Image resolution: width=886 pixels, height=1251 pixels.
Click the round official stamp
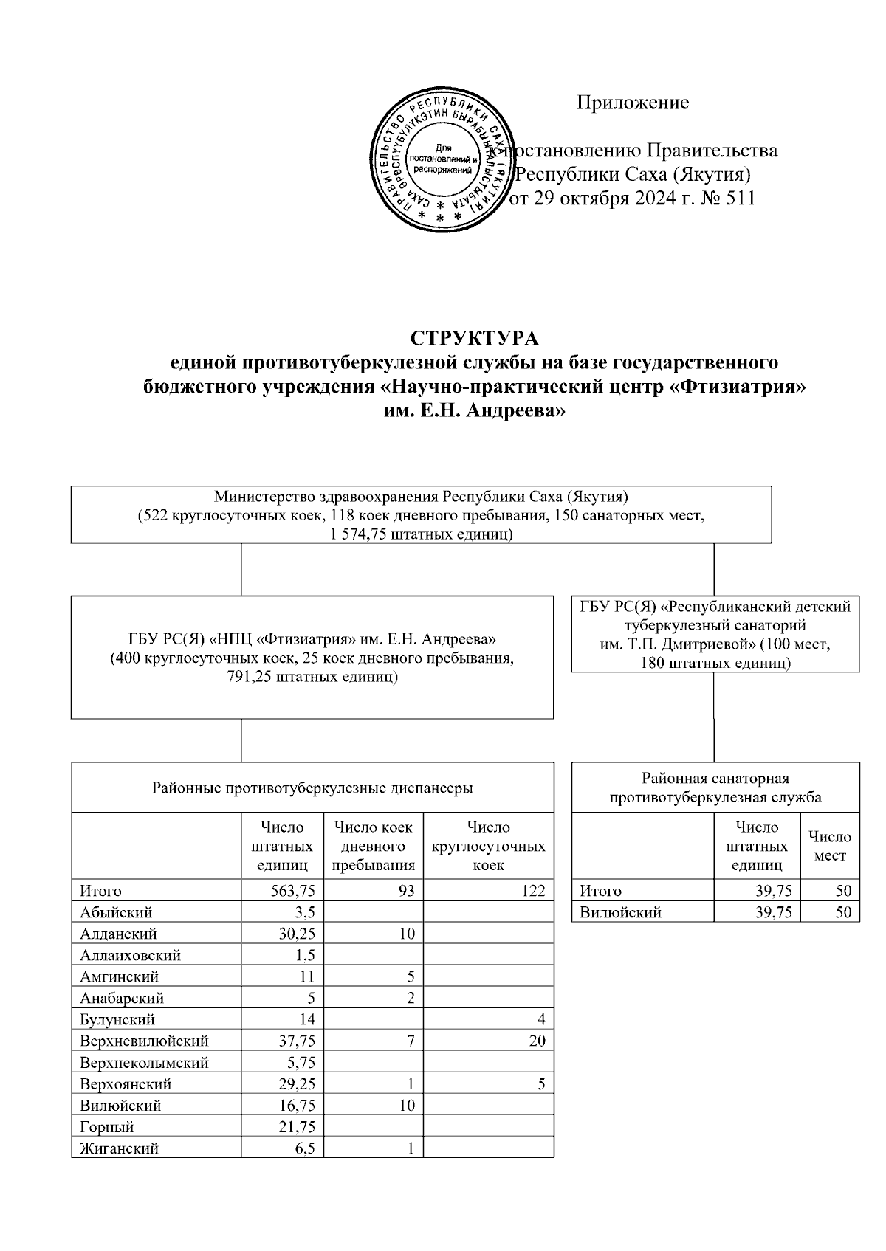[442, 162]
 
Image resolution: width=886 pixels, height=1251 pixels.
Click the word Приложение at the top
[633, 102]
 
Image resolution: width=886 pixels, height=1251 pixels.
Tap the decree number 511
[741, 198]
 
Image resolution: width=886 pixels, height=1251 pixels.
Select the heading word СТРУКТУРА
[475, 338]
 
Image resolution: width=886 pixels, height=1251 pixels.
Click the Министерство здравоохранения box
[421, 514]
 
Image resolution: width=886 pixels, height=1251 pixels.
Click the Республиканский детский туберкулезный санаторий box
[715, 634]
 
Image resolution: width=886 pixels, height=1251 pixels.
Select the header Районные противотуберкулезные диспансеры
[312, 788]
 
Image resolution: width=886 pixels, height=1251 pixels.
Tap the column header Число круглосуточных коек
[488, 846]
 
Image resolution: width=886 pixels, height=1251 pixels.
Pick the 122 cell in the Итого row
[532, 891]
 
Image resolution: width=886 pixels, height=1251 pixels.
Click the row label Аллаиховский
[131, 955]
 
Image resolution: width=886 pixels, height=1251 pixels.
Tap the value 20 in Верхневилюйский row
[537, 1041]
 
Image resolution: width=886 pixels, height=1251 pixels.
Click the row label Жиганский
[119, 1148]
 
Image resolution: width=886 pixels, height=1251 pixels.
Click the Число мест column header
[829, 846]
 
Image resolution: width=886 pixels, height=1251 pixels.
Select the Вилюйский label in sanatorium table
[620, 912]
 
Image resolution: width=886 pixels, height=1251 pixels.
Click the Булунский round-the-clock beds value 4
[541, 1019]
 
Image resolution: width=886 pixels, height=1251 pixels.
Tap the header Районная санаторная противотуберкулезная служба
[715, 788]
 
